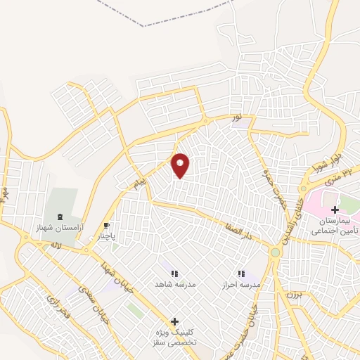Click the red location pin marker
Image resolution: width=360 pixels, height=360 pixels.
point(181,165)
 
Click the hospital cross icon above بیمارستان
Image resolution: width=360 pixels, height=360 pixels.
point(335,210)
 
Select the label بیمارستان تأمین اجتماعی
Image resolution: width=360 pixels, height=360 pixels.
point(335,225)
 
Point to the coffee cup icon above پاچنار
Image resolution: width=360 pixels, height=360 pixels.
point(106,226)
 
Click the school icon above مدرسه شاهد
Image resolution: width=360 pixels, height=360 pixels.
point(174,273)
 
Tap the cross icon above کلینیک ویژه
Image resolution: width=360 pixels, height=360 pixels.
point(174,321)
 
